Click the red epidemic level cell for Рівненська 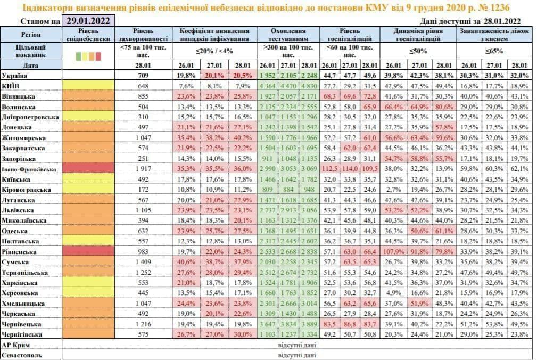[89, 251]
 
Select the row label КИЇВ [11, 86]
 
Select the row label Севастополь [22, 354]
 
